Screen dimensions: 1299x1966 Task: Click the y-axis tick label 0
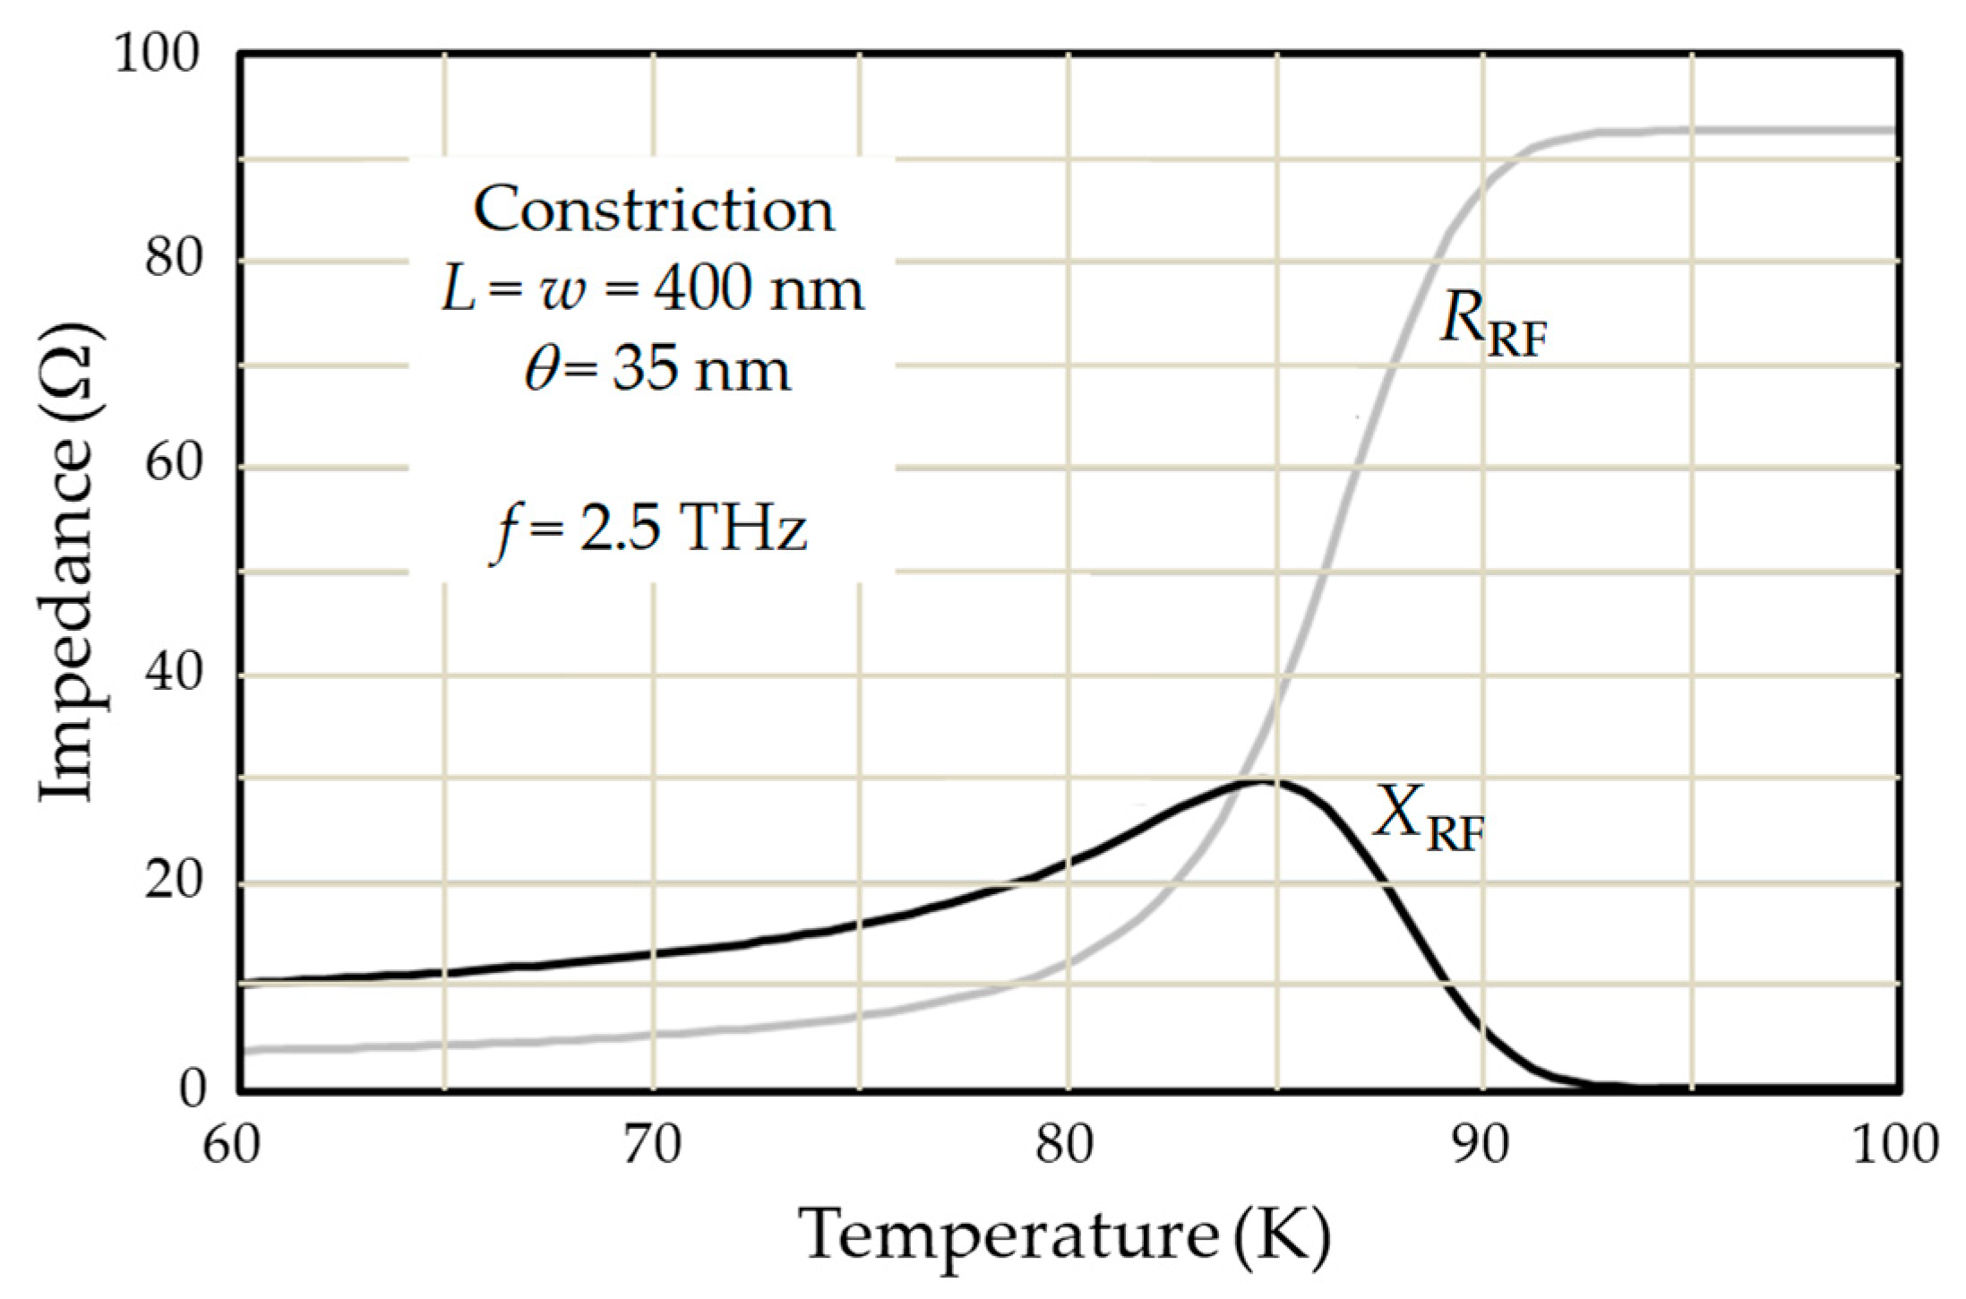[192, 1088]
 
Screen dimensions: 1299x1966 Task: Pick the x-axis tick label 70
[652, 1146]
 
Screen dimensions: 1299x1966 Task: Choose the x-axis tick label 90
[1481, 1146]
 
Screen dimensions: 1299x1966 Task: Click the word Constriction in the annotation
[653, 211]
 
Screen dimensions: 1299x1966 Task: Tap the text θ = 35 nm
[657, 369]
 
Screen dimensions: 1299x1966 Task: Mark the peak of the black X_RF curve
[1263, 780]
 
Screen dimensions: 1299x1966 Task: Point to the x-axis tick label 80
[1066, 1146]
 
